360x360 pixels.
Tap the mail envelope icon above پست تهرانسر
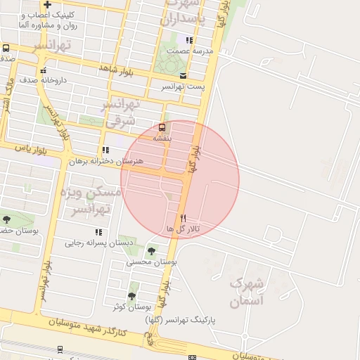point(184,75)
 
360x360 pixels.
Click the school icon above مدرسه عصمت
point(188,40)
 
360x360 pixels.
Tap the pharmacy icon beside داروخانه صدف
point(44,70)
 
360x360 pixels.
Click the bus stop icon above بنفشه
point(162,127)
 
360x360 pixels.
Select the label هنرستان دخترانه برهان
point(105,161)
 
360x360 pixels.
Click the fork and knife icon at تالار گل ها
point(183,218)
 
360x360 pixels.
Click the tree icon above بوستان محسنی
point(151,250)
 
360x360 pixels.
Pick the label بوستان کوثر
point(132,307)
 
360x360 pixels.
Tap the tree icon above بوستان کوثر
point(131,296)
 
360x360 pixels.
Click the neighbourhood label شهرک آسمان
point(246,292)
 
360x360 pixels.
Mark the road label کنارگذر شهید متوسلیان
point(88,327)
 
